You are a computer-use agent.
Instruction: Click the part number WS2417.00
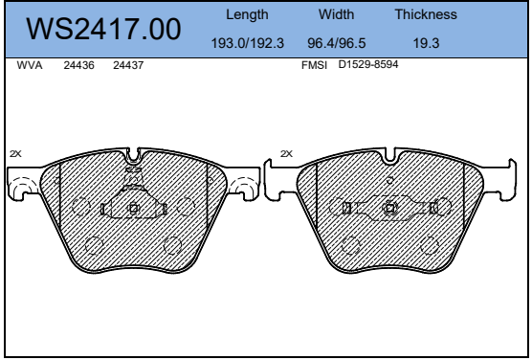(x=103, y=30)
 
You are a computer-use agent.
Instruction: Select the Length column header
(x=247, y=14)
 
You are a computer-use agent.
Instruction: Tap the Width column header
(x=336, y=14)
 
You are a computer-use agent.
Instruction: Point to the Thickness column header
(x=426, y=14)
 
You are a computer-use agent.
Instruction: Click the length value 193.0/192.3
(x=247, y=43)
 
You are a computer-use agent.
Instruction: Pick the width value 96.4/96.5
(x=336, y=43)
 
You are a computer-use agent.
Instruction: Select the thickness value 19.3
(x=426, y=43)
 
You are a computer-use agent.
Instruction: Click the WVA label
(x=30, y=65)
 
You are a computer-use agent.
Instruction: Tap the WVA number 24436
(x=78, y=65)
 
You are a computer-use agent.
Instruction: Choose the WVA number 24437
(x=128, y=65)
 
